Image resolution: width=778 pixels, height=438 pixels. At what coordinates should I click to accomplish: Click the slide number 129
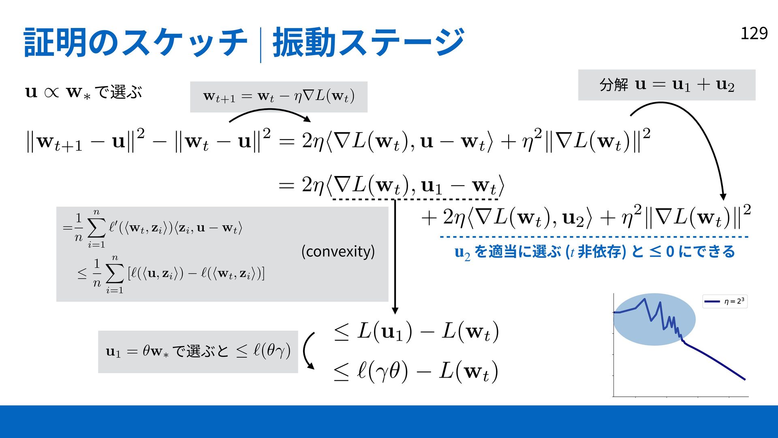(754, 33)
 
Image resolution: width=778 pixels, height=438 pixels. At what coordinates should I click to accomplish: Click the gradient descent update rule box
(279, 97)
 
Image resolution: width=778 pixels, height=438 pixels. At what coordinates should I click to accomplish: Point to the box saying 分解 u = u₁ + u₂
(667, 85)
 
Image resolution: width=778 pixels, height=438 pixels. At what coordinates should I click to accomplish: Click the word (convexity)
(338, 251)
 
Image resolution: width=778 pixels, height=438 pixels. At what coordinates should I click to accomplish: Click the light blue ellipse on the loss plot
(654, 319)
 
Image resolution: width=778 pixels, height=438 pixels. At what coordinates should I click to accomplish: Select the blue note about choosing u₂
(595, 252)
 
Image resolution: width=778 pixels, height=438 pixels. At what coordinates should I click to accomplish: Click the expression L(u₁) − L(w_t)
(417, 332)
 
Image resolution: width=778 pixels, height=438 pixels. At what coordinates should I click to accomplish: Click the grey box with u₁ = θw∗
(198, 352)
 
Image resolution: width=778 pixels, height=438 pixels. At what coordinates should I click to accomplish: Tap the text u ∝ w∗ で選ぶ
(83, 92)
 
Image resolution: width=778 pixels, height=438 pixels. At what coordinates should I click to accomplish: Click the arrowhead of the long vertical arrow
(395, 311)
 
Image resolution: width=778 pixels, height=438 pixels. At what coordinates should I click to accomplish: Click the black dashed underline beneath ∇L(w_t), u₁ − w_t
(415, 199)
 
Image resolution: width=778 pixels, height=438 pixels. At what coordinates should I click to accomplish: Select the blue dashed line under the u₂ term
(594, 237)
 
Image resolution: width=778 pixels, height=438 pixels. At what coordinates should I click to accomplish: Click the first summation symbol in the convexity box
(96, 229)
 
